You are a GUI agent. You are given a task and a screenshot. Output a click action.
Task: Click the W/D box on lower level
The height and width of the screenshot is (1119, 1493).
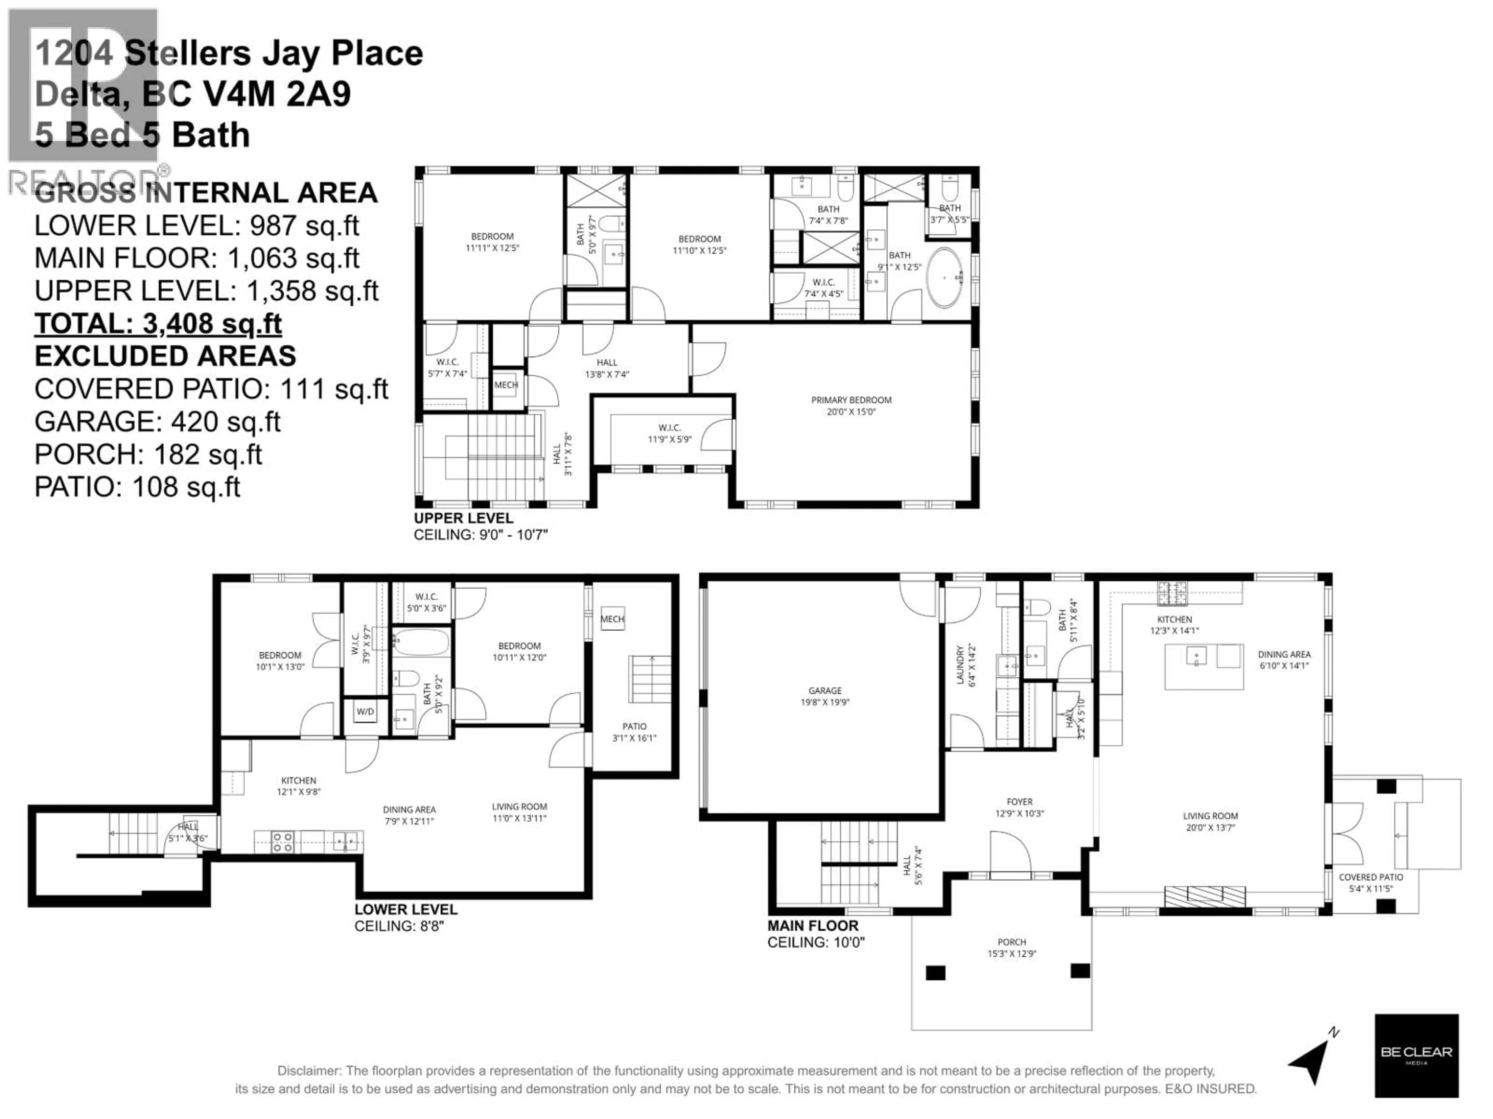365,711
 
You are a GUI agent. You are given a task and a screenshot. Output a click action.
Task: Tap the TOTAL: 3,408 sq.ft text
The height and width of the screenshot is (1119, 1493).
158,324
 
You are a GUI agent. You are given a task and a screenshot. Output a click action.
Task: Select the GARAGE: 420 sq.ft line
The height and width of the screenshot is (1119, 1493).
157,422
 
